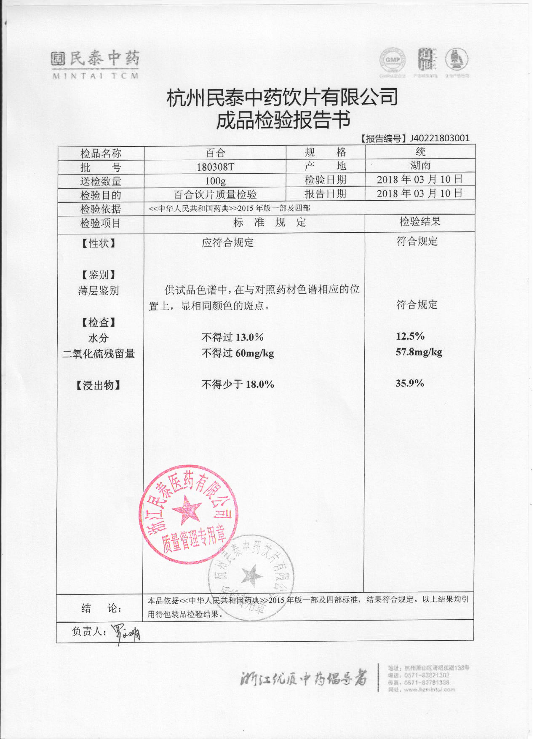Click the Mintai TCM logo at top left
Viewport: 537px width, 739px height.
[95, 64]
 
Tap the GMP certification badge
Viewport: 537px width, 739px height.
[392, 60]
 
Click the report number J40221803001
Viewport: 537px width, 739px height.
[440, 138]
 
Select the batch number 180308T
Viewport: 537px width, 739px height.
[215, 167]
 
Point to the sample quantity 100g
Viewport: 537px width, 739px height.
[215, 181]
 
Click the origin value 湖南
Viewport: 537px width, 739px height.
[420, 166]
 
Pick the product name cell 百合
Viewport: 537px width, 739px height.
[215, 153]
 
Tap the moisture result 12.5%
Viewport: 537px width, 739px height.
[410, 336]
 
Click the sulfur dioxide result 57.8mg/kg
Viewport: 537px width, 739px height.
[419, 352]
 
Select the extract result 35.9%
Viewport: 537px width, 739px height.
[409, 383]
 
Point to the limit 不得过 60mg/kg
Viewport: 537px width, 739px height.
[238, 353]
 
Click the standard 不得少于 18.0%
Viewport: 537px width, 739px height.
[238, 384]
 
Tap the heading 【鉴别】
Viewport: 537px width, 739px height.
[99, 275]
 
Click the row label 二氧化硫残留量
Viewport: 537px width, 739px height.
[99, 354]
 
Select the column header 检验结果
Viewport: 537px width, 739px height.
[419, 222]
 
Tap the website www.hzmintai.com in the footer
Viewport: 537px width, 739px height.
[429, 690]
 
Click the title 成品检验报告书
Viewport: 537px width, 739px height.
[283, 120]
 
